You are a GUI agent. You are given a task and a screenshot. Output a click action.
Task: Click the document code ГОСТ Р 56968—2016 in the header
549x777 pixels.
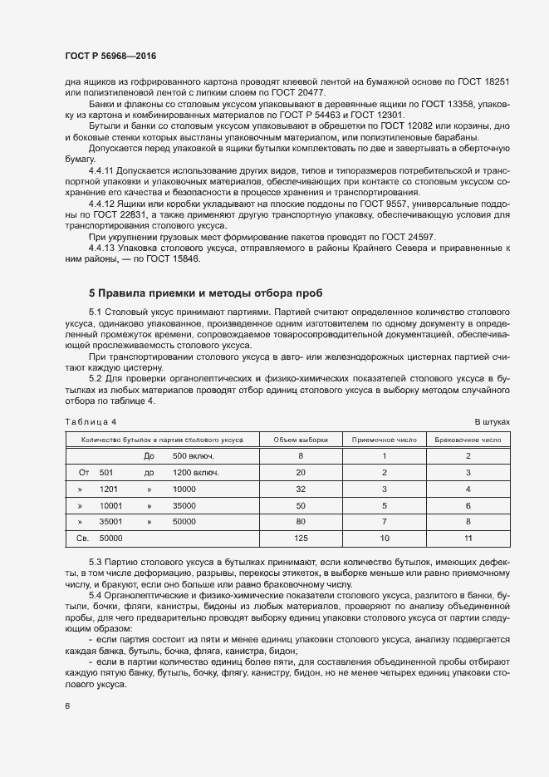110,56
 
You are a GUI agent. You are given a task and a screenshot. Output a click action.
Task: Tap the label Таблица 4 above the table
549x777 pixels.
91,421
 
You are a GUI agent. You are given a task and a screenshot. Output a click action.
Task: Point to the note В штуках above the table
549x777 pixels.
491,421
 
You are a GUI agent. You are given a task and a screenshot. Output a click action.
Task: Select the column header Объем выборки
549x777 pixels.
300,439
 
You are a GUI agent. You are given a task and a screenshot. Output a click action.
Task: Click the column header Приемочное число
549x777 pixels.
385,439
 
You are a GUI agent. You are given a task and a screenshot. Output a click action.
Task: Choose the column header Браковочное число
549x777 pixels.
468,439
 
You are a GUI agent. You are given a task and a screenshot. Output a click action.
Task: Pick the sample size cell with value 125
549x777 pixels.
300,538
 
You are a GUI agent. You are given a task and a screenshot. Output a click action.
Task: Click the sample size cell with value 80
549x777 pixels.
300,522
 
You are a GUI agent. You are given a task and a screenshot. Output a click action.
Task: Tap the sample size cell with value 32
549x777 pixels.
300,489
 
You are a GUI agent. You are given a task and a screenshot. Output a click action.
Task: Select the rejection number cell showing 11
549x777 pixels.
468,538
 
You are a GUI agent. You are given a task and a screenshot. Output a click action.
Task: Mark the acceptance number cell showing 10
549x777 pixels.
385,538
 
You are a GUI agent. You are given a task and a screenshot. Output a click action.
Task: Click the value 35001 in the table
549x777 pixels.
110,522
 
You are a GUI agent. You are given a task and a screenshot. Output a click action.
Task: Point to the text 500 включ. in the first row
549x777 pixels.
194,455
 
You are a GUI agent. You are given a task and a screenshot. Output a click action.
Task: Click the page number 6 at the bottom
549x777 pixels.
66,706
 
